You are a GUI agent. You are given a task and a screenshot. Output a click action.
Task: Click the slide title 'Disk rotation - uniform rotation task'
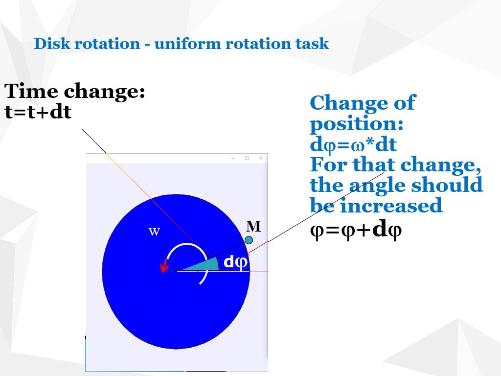coord(182,44)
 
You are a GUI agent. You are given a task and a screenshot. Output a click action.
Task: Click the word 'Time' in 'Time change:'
coord(31,92)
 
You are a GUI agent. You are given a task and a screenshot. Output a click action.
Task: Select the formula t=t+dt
coord(38,113)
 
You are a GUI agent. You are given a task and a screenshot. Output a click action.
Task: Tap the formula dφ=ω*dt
coord(353,145)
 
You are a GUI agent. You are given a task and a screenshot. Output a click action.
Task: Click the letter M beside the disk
coord(253,226)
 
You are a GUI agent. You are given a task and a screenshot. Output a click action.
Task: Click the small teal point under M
coord(249,240)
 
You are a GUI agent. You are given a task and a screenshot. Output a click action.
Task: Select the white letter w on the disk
coord(154,232)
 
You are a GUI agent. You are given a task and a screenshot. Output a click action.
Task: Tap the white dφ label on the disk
coord(236,262)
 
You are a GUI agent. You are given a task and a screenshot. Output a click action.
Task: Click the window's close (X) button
coord(261,158)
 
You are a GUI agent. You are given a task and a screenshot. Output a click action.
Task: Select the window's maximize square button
coord(247,158)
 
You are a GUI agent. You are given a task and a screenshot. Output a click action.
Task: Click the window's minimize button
coord(233,158)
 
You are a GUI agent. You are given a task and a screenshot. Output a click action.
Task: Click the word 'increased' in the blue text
coord(391,206)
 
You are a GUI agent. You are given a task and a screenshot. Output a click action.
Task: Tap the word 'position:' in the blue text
coord(357,124)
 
